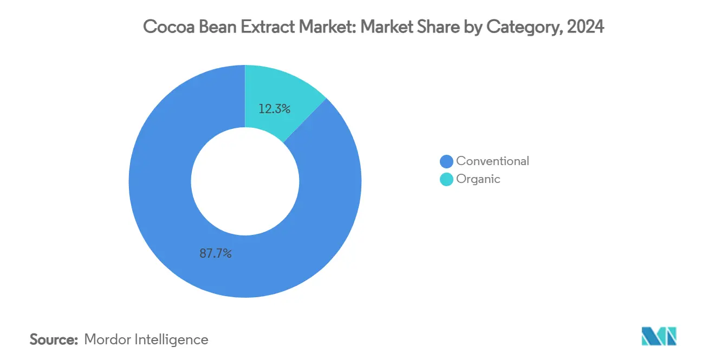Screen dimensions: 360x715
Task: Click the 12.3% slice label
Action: tap(275, 109)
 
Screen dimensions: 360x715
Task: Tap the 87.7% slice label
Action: tap(215, 253)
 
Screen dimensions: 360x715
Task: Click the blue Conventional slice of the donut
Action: tap(162, 217)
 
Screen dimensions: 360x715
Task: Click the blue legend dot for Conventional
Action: tap(447, 161)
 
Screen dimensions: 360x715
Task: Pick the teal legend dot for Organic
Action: tap(447, 179)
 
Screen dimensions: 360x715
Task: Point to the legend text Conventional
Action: tap(492, 161)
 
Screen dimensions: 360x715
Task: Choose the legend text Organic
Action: tap(478, 179)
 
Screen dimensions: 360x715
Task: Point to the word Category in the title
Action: tap(522, 27)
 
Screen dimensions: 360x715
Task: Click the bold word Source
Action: tap(54, 339)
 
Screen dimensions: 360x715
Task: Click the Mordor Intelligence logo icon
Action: tap(659, 336)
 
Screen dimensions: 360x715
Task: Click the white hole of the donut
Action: tap(245, 181)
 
